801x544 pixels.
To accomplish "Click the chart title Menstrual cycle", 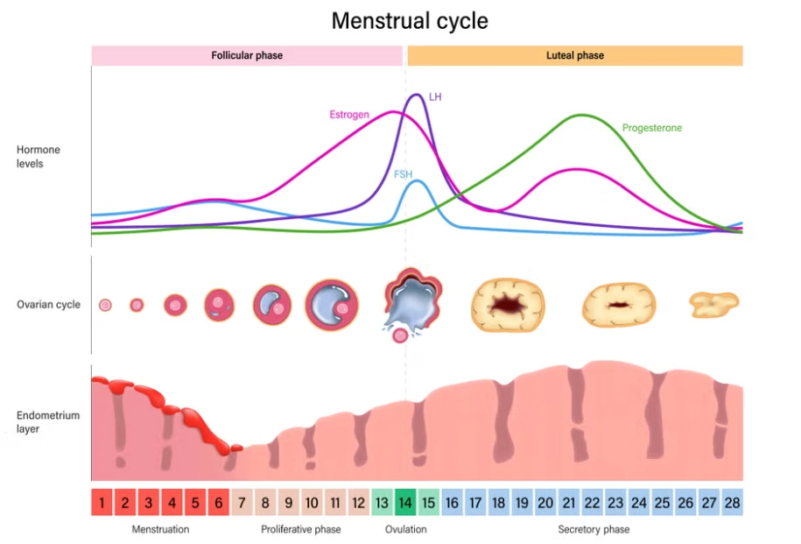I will [410, 21].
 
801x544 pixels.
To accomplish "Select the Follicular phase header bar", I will [247, 55].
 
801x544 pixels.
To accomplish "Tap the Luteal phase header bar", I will [574, 55].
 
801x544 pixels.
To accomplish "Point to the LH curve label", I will [435, 96].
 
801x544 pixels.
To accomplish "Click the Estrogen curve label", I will [349, 115].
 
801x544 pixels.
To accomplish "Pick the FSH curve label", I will [403, 174].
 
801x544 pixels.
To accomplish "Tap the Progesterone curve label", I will [651, 128].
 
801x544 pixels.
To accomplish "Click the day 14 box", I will [405, 503].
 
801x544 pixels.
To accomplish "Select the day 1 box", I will [102, 503].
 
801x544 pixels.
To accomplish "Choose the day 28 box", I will [732, 503].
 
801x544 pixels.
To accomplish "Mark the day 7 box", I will [242, 503].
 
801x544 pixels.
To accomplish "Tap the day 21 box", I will [568, 503].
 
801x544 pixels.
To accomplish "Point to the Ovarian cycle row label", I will [48, 305].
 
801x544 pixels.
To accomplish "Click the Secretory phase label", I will [594, 529].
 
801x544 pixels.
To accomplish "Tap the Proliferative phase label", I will [301, 529].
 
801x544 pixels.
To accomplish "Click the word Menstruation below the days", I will [160, 529].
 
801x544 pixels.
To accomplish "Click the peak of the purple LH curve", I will [418, 95].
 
